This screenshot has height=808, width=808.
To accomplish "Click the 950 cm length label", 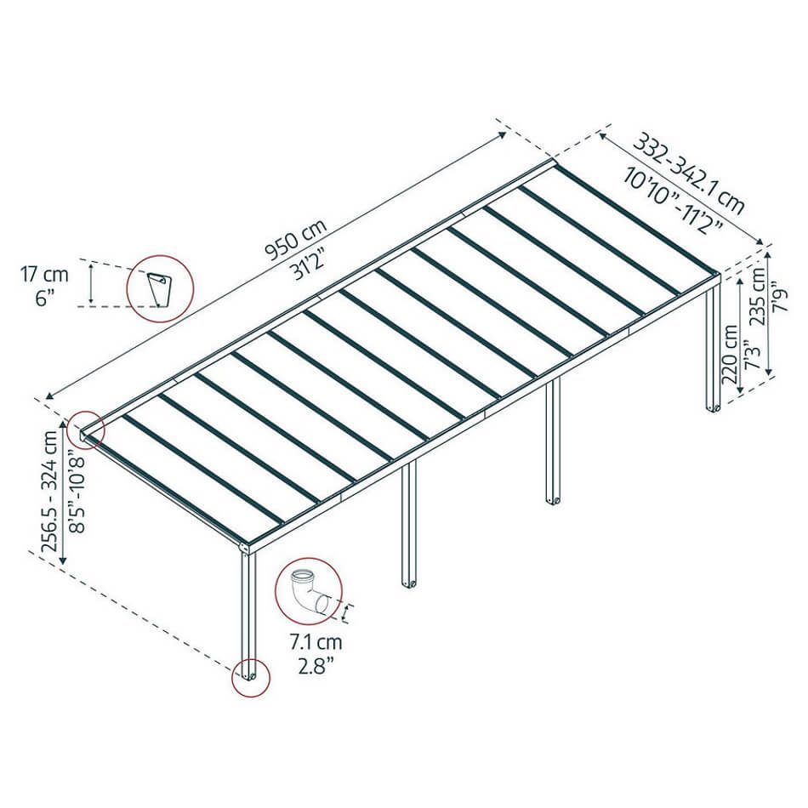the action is (x=296, y=239).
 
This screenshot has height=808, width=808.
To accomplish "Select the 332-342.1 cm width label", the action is (x=688, y=174).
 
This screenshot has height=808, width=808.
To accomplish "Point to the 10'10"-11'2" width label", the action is (x=674, y=199).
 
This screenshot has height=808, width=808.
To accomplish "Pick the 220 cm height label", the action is (x=730, y=354).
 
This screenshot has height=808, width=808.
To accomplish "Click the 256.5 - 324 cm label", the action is (x=50, y=491).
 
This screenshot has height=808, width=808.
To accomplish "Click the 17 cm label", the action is (x=44, y=274).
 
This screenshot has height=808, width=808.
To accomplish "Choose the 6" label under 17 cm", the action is (x=45, y=299).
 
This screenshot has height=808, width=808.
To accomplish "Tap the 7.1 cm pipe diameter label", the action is (x=316, y=642).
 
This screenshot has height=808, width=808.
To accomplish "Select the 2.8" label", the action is (x=316, y=666).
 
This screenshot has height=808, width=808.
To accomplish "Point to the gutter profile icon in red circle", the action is (x=159, y=289).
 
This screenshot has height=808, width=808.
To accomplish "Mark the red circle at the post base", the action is (x=251, y=659).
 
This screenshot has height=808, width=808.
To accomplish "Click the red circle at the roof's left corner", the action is (x=87, y=412).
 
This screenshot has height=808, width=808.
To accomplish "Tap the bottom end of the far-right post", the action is (x=714, y=410).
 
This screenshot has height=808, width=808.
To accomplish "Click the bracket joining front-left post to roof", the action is (x=248, y=549).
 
